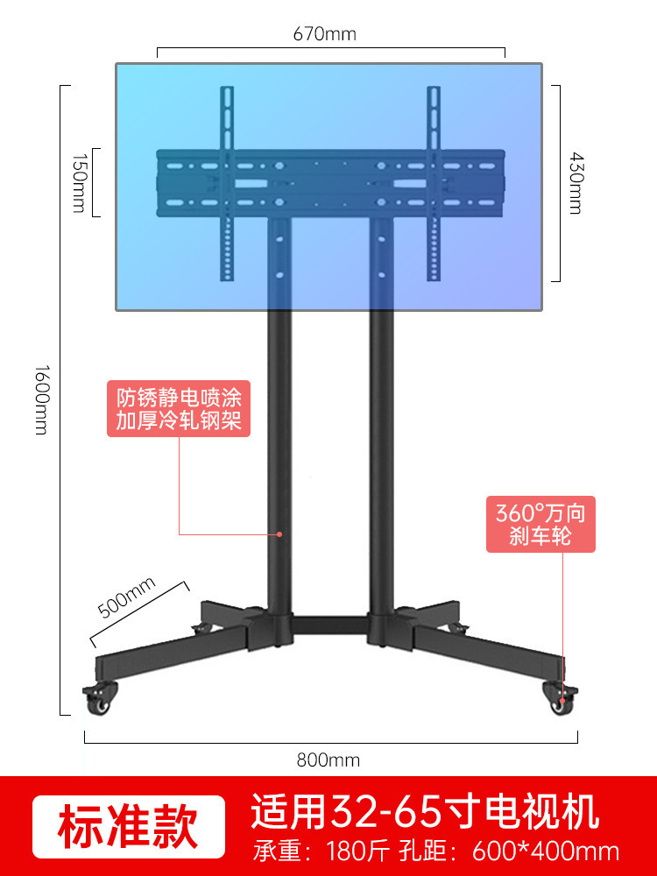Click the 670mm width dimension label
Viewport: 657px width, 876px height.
click(325, 34)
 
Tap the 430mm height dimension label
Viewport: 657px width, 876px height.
click(574, 183)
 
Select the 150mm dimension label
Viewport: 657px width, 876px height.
click(80, 182)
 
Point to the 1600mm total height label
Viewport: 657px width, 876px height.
click(41, 399)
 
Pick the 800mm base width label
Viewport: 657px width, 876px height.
click(328, 760)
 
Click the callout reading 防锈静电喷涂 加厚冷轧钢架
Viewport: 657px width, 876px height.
click(179, 407)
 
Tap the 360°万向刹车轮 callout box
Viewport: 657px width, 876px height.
click(540, 523)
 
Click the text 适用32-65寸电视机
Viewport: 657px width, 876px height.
click(425, 812)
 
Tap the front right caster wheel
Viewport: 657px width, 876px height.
click(560, 698)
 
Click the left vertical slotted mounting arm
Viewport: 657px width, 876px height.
click(227, 184)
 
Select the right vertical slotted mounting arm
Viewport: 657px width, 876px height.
click(433, 184)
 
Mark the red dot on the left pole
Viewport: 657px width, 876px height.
click(279, 533)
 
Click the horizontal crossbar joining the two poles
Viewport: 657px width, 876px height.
click(330, 625)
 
